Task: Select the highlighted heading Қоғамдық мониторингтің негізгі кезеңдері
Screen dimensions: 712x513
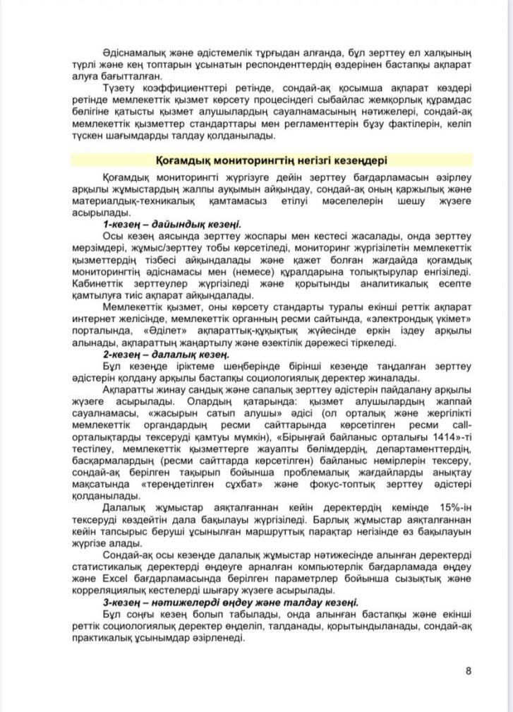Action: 271,160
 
